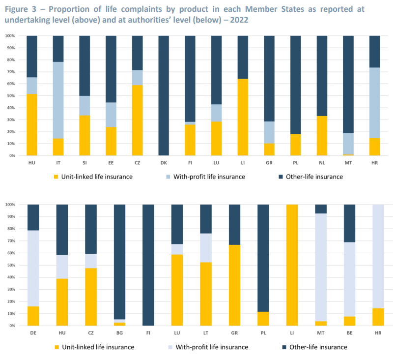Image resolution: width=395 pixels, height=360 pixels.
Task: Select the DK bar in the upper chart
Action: click(164, 95)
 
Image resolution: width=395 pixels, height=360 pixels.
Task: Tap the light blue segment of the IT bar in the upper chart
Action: click(58, 100)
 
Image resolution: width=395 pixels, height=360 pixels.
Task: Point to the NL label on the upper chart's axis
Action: click(321, 163)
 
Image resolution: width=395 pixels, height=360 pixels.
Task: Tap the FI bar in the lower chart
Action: click(148, 265)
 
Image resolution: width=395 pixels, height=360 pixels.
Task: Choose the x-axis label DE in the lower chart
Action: click(33, 333)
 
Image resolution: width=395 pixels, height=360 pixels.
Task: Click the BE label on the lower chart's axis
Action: click(349, 333)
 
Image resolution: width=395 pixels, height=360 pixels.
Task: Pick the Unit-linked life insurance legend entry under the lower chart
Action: click(100, 347)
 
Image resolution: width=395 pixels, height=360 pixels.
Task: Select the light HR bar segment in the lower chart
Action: click(378, 256)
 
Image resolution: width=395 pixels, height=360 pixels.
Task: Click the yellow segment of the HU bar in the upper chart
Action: click(32, 125)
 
